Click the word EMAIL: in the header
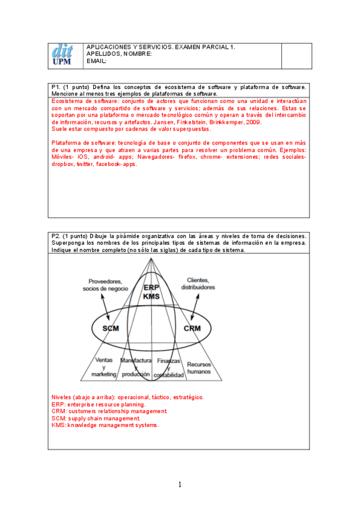point(97,61)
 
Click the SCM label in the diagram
point(111,328)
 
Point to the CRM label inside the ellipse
point(192,328)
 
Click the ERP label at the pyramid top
point(151,288)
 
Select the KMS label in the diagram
point(151,296)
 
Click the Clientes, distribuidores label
point(198,284)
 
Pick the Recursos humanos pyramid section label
point(198,368)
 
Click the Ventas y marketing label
point(103,367)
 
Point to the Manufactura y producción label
point(136,367)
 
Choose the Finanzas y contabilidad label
point(168,367)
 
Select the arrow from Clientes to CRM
point(193,306)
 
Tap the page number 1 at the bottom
point(180,484)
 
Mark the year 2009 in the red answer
point(252,121)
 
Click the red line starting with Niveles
point(127,398)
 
